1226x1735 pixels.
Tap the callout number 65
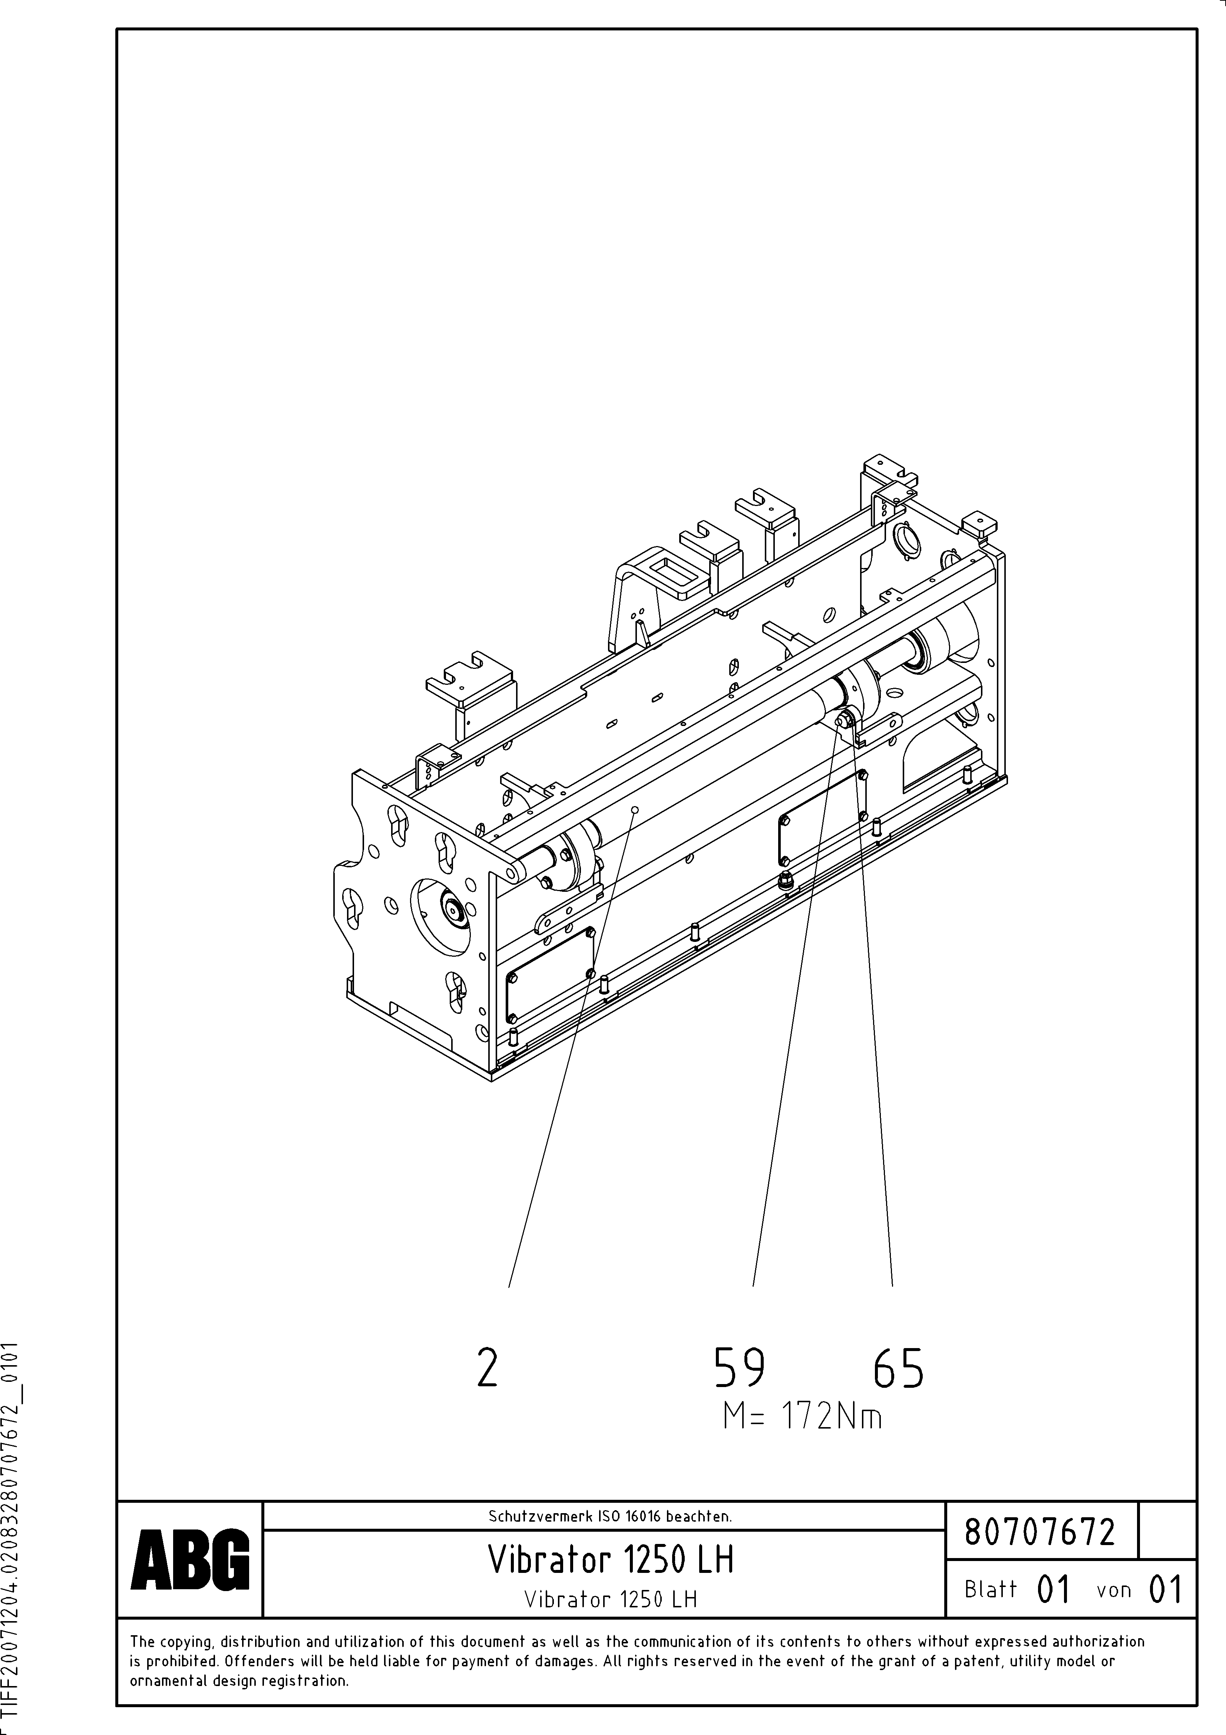tap(898, 1368)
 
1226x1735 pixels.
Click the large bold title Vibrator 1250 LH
tap(610, 1559)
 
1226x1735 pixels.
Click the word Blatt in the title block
tap(990, 1590)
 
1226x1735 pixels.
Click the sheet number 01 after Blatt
tap(1054, 1590)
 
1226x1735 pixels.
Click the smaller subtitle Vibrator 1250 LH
tap(610, 1599)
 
